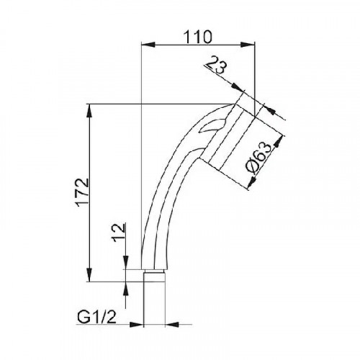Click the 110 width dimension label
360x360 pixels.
[x=198, y=37]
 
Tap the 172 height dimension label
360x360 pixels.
[x=83, y=193]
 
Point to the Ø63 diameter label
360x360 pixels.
[x=259, y=156]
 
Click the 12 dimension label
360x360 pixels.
[x=119, y=233]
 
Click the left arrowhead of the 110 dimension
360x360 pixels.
[x=148, y=45]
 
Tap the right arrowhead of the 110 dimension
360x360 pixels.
[x=248, y=45]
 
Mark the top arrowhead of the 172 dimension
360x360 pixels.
[x=89, y=110]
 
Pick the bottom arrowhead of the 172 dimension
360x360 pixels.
[x=89, y=275]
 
